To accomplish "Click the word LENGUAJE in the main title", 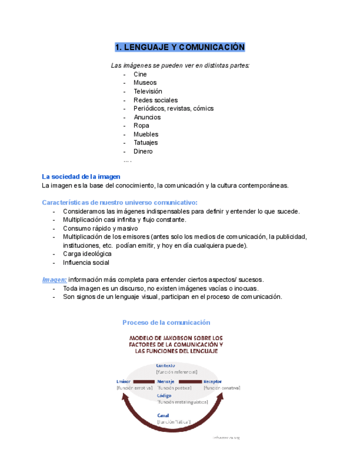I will pos(146,47).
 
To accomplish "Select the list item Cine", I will pos(140,74).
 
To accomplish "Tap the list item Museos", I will pos(145,83).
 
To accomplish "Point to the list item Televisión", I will pos(147,91).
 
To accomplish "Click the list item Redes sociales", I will pos(156,100).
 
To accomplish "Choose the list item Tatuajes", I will pos(146,143).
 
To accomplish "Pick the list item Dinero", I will pos(143,151).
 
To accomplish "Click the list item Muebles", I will pos(146,134).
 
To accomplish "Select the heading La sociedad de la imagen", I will pos(81,176).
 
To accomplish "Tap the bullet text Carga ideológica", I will pos(87,254).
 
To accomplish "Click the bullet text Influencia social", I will pos(86,263).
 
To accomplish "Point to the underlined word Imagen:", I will pos(54,279).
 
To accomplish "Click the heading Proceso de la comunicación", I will pos(167,323).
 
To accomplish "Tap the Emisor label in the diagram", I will pos(124,381).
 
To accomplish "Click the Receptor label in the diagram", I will pos(213,381).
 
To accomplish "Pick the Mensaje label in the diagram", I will pos(166,381).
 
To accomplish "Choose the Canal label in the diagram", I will pos(163,415).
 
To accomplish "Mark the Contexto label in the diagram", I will pos(166,366).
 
